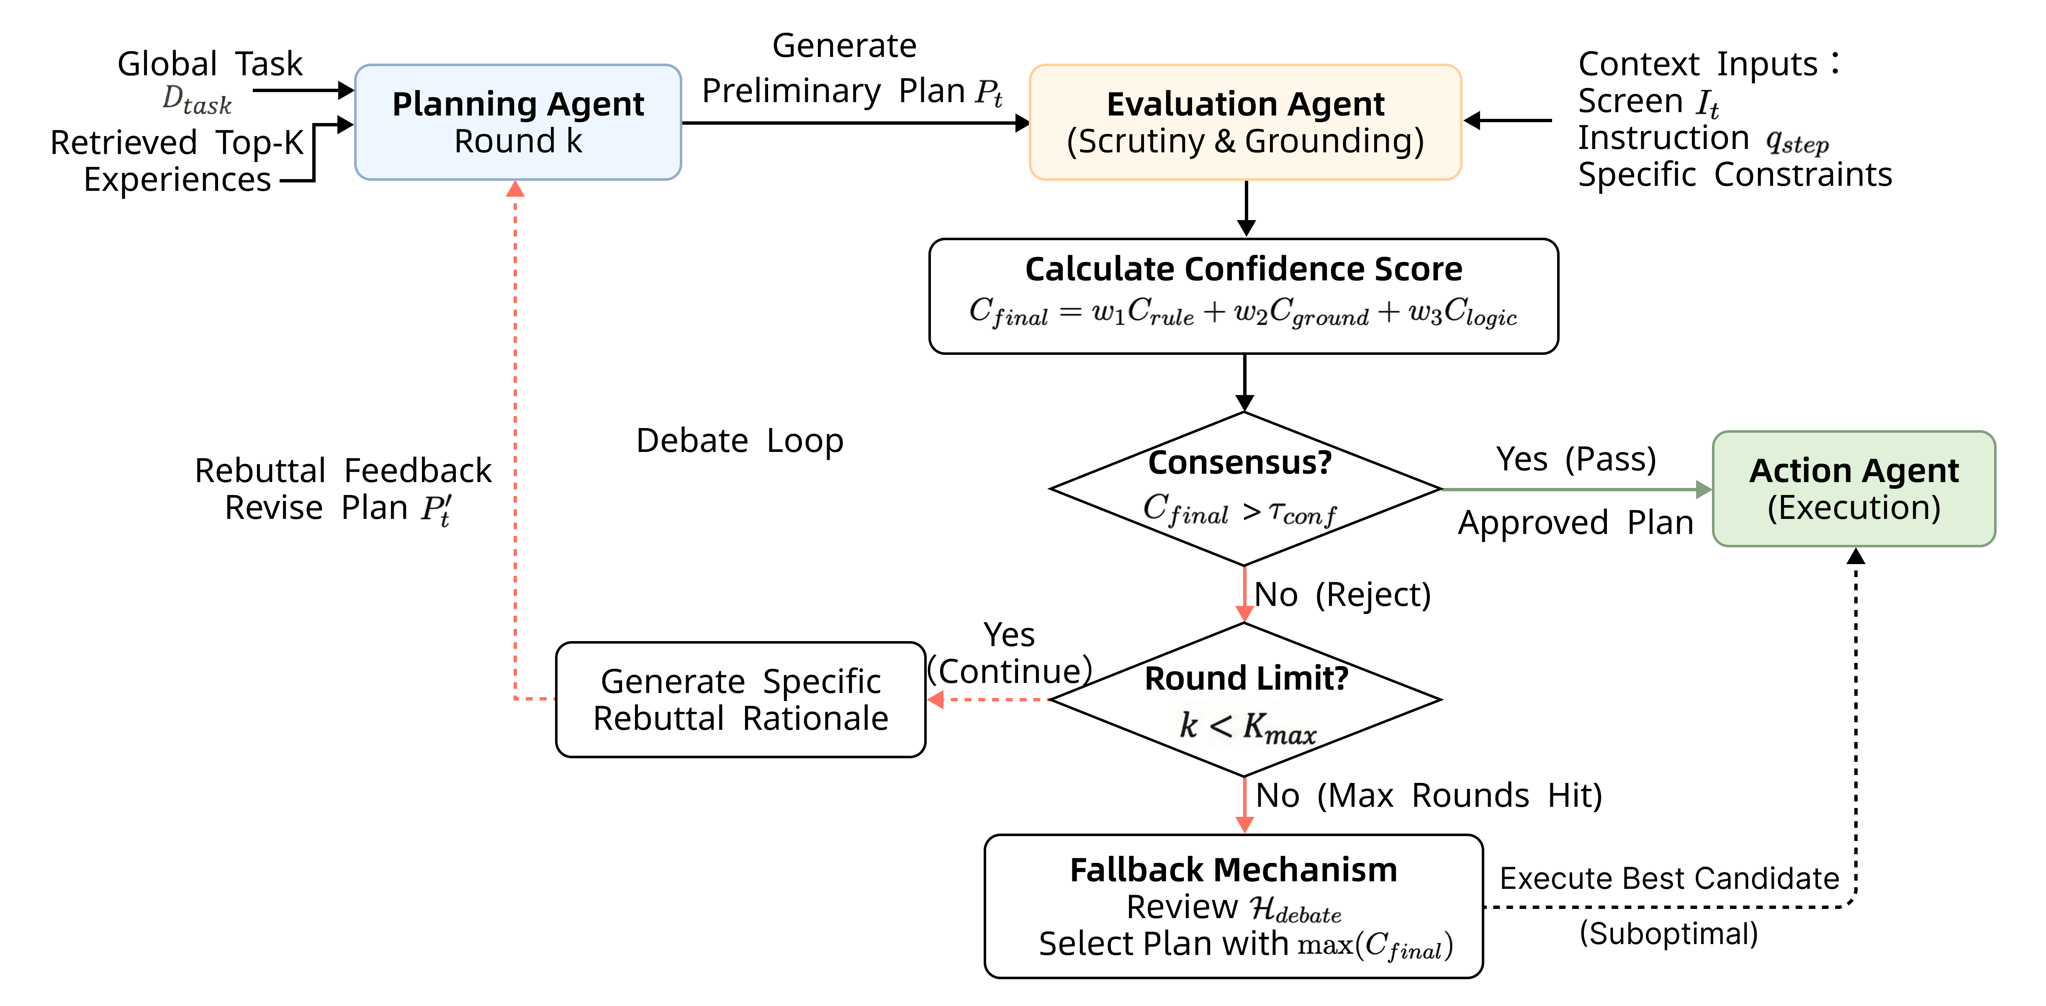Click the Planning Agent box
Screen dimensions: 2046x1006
tap(518, 122)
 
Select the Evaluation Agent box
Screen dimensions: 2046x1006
tap(1245, 122)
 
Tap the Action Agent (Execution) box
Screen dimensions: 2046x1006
tap(1854, 489)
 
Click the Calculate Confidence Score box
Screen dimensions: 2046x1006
tap(1244, 296)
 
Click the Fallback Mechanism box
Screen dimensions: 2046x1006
tap(1234, 906)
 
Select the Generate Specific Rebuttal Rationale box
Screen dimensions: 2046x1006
tap(740, 700)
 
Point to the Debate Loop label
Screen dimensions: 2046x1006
tap(740, 441)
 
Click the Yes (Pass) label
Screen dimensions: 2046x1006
tap(1576, 459)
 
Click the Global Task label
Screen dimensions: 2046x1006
tap(210, 64)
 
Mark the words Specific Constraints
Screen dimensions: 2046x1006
tap(1735, 175)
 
